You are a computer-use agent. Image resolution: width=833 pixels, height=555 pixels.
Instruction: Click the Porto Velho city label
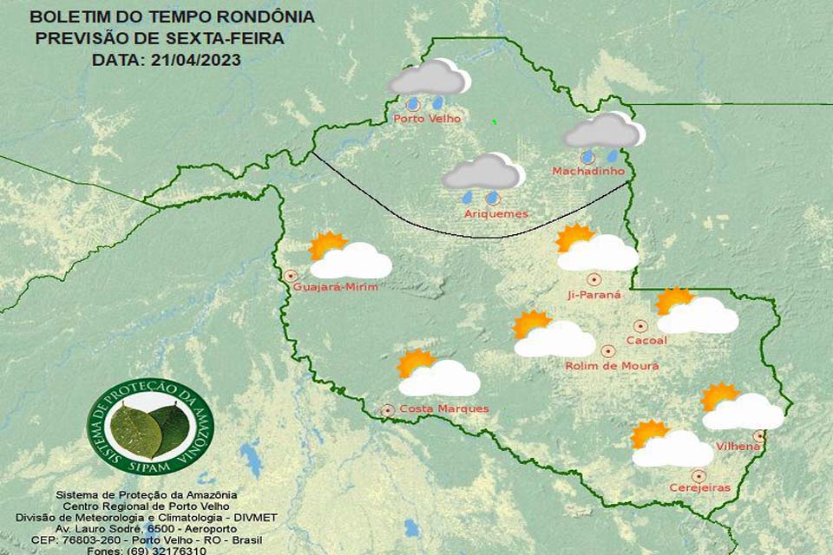[427, 119]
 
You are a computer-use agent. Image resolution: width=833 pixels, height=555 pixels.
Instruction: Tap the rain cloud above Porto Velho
[429, 80]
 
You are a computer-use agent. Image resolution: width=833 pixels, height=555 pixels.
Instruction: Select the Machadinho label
[588, 172]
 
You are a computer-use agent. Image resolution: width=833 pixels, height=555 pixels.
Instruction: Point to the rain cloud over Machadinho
[604, 133]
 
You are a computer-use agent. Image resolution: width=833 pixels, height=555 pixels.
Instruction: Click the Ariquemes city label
[495, 213]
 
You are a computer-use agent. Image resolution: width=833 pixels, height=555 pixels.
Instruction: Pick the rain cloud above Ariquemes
[482, 173]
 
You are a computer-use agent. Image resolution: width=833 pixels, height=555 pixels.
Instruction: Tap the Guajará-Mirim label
[336, 287]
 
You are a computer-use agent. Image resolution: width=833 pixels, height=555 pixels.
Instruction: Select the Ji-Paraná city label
[594, 295]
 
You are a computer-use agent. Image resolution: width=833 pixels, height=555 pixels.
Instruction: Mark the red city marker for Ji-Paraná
[594, 279]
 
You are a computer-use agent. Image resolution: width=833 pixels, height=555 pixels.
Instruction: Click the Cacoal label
[646, 341]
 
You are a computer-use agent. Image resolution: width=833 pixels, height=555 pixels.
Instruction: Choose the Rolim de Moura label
[612, 366]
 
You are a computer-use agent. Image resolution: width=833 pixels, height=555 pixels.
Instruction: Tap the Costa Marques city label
[443, 408]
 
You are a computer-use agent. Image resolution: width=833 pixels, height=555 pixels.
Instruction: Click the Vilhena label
[738, 447]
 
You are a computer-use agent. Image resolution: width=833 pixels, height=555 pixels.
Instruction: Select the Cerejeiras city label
[699, 488]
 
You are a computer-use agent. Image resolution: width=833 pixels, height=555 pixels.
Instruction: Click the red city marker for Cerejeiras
[699, 475]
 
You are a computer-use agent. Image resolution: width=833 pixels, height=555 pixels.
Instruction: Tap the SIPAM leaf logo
[150, 427]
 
